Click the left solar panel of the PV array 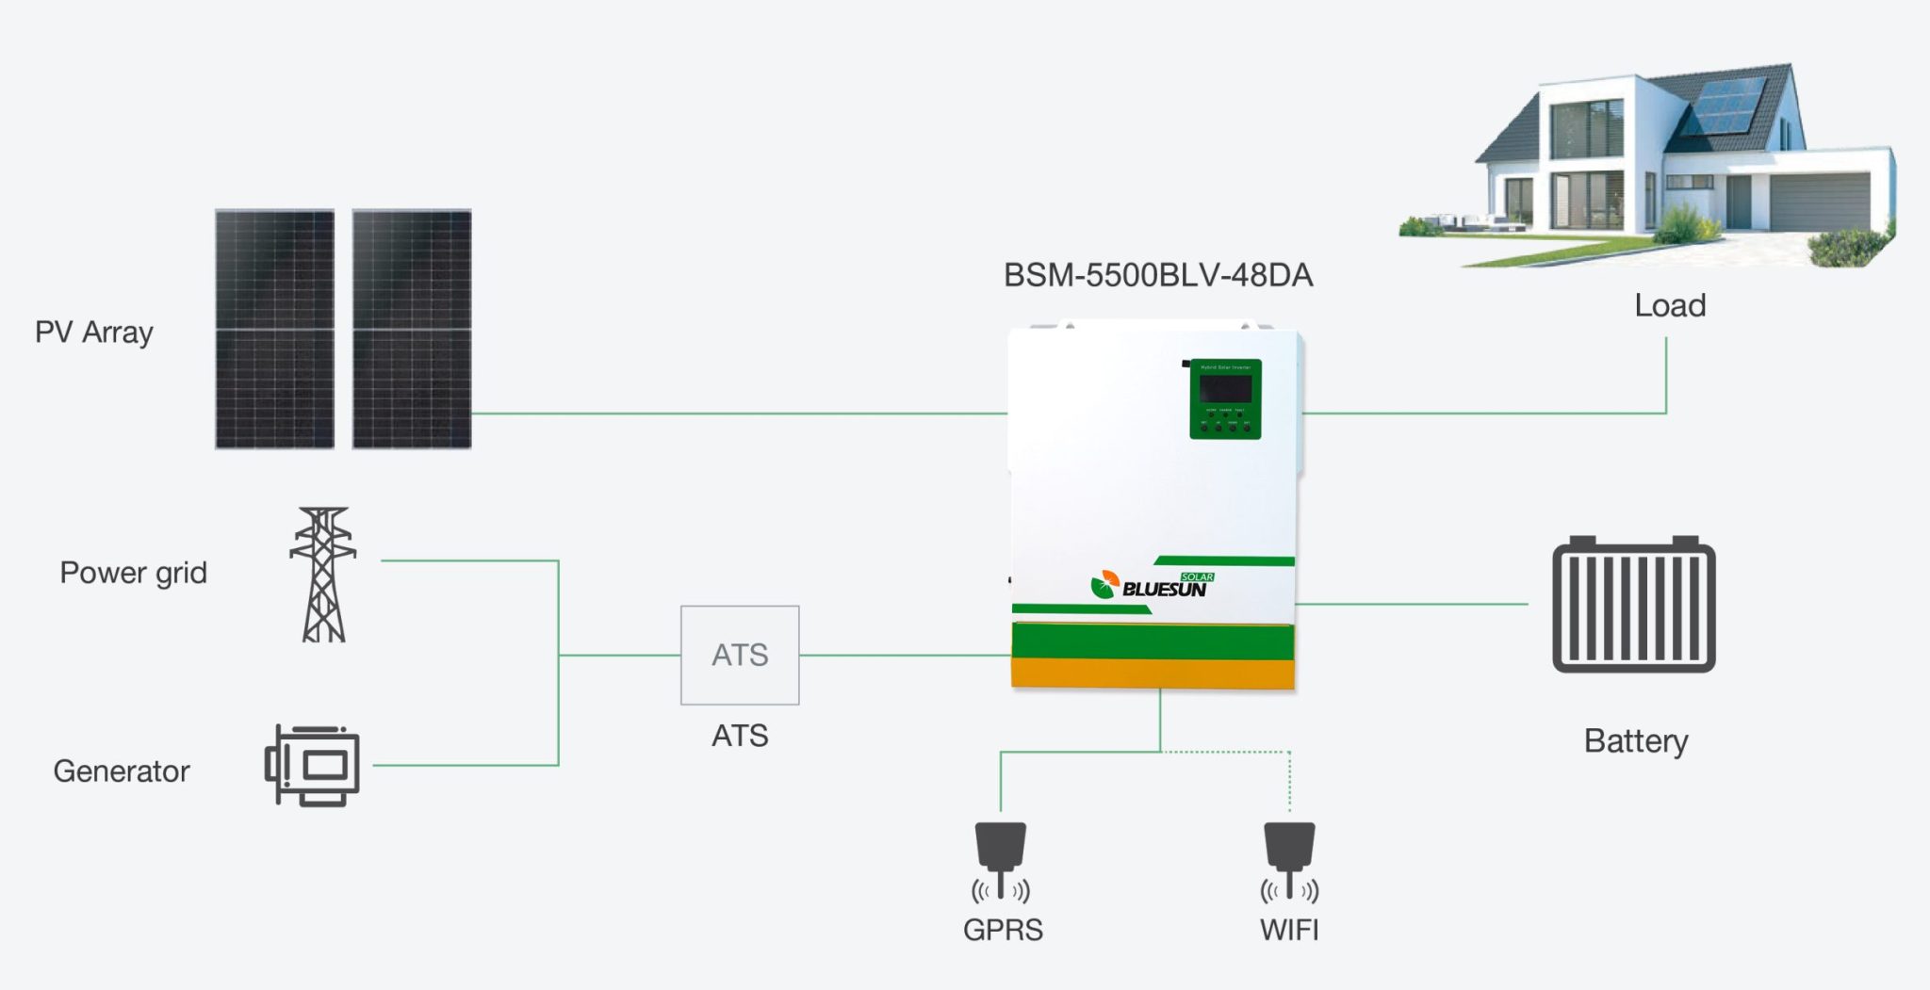274,329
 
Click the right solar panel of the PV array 412,329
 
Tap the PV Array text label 94,333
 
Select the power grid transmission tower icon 323,575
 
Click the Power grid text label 133,573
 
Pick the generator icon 314,765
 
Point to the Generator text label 122,771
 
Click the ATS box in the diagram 740,655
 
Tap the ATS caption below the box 740,736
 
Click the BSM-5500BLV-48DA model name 1157,275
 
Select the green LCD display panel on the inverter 1225,398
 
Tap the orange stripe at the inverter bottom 1153,674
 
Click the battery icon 1633,605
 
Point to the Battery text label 1636,741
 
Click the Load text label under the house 1670,306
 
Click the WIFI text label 1289,930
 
